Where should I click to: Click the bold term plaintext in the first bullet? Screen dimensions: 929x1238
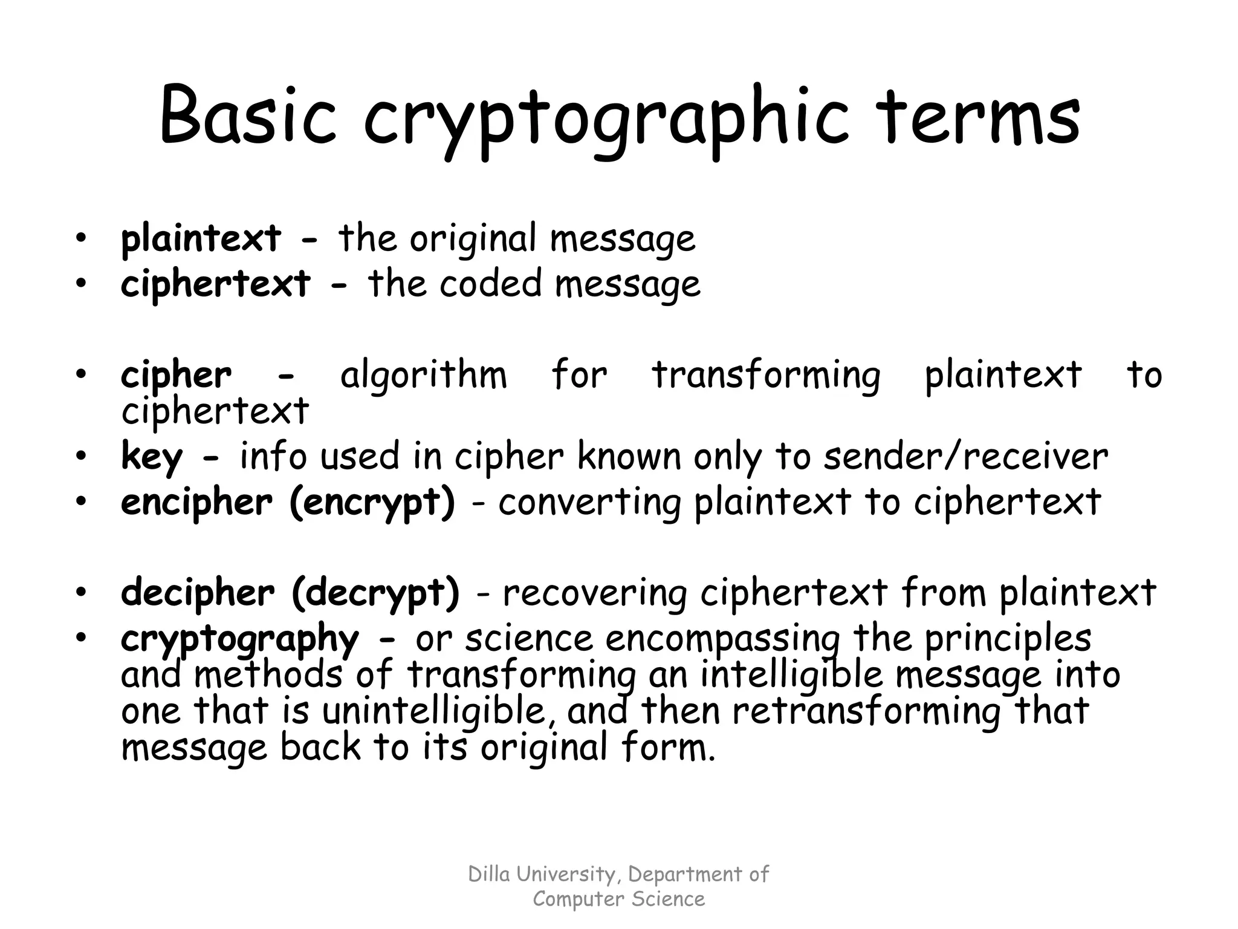click(201, 238)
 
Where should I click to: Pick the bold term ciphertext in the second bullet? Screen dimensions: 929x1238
click(216, 284)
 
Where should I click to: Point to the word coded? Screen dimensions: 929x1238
click(490, 284)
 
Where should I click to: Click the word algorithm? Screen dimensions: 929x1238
click(423, 375)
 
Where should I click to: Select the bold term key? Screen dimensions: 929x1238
click(151, 457)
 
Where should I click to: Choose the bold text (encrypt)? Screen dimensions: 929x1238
click(372, 503)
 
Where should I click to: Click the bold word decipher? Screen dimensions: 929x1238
click(197, 593)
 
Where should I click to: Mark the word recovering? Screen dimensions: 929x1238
click(595, 593)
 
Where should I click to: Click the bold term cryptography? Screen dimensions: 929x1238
click(239, 639)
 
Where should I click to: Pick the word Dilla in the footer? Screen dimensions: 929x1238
click(487, 875)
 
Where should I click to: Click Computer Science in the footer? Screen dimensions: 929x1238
click(618, 899)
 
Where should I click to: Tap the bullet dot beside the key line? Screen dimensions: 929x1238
click(82, 457)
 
